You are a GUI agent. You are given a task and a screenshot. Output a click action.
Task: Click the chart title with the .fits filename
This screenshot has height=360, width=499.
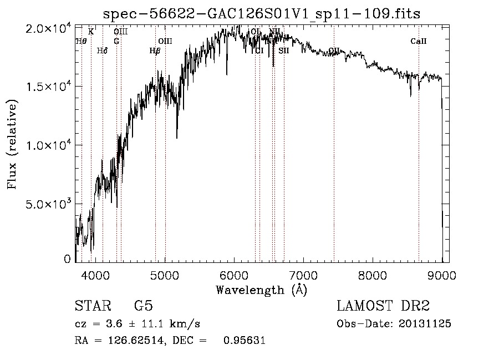pyautogui.click(x=262, y=13)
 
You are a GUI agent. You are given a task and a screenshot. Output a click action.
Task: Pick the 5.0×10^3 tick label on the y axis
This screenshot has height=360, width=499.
pyautogui.click(x=49, y=204)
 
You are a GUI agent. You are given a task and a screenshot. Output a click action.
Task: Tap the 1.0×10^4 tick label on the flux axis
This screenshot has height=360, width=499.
pyautogui.click(x=49, y=145)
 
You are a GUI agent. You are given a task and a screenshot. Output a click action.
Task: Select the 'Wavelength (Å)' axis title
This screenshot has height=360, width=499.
pyautogui.click(x=261, y=290)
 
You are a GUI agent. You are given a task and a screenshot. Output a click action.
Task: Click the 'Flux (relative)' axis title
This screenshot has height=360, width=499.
pyautogui.click(x=12, y=144)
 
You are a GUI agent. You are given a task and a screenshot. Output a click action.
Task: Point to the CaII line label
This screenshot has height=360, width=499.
pyautogui.click(x=419, y=41)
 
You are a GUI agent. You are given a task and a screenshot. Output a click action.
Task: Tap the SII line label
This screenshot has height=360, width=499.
pyautogui.click(x=284, y=50)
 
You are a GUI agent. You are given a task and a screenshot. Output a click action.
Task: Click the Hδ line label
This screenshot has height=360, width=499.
pyautogui.click(x=102, y=51)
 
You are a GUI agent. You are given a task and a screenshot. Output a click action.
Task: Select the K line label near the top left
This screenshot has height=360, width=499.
pyautogui.click(x=91, y=32)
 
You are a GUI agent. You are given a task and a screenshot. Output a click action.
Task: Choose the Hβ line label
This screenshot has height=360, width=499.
pyautogui.click(x=155, y=51)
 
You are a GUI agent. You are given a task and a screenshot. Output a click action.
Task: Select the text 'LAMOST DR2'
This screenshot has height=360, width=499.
pyautogui.click(x=383, y=306)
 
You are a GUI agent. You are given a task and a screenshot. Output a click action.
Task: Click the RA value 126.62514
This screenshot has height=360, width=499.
pyautogui.click(x=133, y=341)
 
